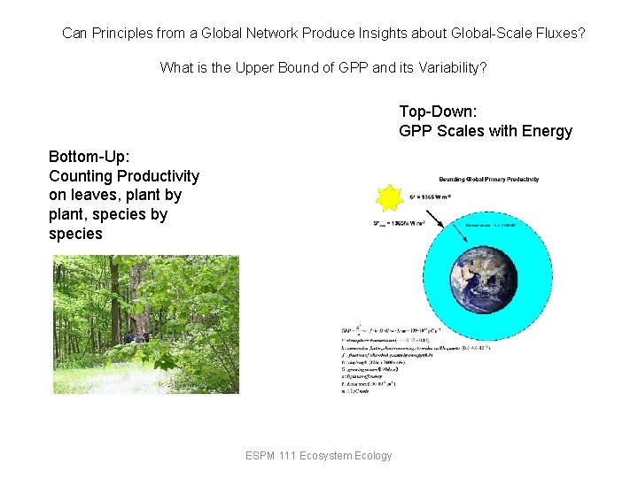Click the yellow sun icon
click(389, 197)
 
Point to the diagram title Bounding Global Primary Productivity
click(488, 179)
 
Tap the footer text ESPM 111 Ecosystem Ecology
click(319, 456)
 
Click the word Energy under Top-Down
click(548, 131)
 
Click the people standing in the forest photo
click(135, 335)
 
